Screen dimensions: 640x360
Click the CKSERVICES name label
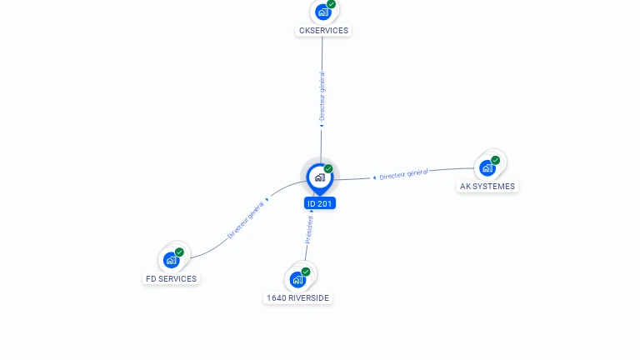click(323, 31)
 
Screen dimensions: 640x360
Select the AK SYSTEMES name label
click(487, 187)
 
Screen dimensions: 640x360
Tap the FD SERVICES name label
click(171, 279)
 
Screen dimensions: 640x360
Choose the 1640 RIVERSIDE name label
click(297, 298)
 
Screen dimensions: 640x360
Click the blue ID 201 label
click(320, 203)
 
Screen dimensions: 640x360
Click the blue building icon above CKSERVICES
click(322, 12)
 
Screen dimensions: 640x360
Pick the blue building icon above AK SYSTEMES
click(487, 167)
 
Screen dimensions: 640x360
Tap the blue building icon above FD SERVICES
click(171, 260)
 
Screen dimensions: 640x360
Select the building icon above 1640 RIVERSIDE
click(297, 280)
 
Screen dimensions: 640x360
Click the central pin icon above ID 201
click(320, 178)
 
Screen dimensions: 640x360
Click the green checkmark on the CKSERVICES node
click(331, 4)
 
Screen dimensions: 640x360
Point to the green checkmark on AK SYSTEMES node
click(496, 160)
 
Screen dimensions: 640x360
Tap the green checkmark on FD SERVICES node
click(179, 252)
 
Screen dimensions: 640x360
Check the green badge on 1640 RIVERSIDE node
click(306, 272)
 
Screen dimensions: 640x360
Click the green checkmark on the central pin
click(328, 168)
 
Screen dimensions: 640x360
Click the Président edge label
click(309, 230)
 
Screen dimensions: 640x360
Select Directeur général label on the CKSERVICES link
click(322, 97)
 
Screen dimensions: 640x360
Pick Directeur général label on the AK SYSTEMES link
click(403, 174)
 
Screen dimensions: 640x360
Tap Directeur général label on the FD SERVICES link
click(245, 220)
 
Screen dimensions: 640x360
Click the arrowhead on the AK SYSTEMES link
click(374, 177)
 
